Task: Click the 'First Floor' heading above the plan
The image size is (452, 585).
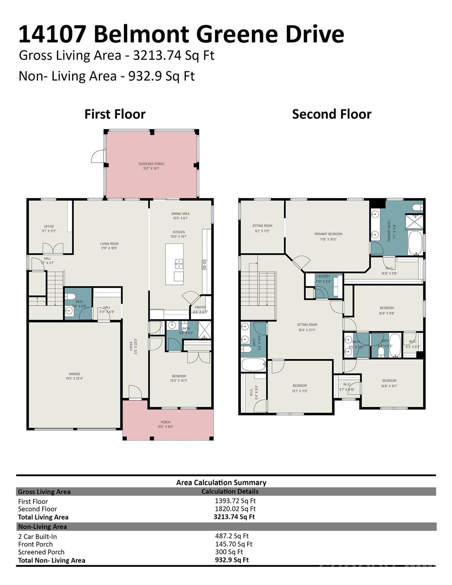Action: pos(115,114)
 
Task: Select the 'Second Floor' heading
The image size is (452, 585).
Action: pos(331,114)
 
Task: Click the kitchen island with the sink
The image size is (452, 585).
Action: pos(174,264)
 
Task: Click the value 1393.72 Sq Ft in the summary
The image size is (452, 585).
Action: pos(235,501)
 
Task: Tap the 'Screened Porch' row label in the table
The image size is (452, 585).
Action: pos(41,552)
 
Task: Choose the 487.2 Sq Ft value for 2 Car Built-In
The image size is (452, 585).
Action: pos(232,536)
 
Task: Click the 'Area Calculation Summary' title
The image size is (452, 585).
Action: pos(221,483)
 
